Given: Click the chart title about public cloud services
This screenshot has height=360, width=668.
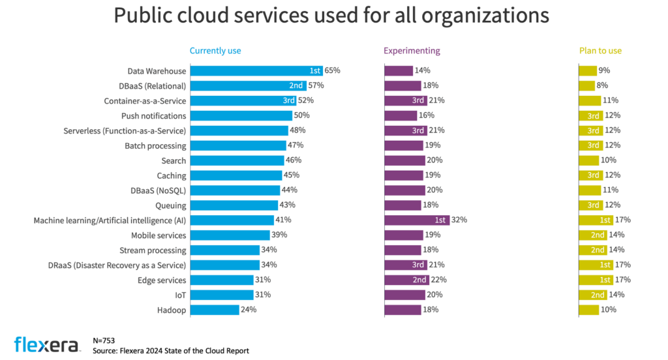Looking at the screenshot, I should coord(331,16).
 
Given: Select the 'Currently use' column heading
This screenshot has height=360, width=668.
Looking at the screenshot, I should coord(219,50).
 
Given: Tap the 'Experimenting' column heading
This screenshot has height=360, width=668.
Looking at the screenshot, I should coord(412,50).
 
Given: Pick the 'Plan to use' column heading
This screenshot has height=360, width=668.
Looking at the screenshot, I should coord(601,50).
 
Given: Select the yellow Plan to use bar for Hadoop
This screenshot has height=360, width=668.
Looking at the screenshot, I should coord(588,310).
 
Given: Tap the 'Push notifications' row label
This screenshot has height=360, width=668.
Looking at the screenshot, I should coord(154,115).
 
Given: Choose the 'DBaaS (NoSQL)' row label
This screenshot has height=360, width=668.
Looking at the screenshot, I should coord(157,190).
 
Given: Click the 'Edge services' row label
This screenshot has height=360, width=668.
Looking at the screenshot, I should coord(161,280).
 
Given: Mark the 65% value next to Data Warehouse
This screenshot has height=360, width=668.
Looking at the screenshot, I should coord(333,70).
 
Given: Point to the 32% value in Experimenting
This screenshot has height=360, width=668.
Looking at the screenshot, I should coord(459,220).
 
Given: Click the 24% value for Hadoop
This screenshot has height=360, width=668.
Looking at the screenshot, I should coord(249,310).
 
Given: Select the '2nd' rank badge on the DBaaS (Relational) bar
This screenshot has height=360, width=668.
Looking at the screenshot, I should coord(296,85).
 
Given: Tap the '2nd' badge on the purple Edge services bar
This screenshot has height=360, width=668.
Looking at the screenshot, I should coord(419,280).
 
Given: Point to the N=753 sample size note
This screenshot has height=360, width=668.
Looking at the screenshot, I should coord(105,340).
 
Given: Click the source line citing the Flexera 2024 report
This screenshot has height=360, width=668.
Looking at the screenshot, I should coord(171,351).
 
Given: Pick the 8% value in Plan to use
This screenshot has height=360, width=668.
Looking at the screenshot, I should coord(603,85).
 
